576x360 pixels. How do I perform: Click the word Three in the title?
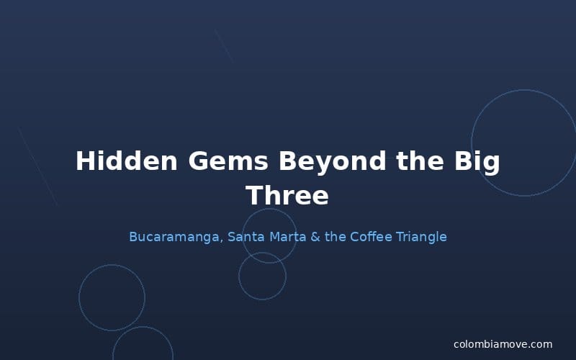pos(287,195)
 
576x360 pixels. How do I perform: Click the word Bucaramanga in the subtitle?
pos(174,237)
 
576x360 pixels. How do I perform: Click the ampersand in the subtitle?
pos(315,237)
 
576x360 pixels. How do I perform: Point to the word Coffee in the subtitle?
pos(372,237)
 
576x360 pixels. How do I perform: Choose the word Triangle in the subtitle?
pos(421,237)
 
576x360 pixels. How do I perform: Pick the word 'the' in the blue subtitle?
pos(336,237)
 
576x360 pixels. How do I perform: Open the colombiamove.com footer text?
pos(503,344)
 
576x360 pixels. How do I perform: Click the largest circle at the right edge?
pos(524,143)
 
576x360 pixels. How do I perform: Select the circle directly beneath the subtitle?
pos(262,276)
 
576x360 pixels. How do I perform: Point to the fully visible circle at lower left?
pos(112,297)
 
